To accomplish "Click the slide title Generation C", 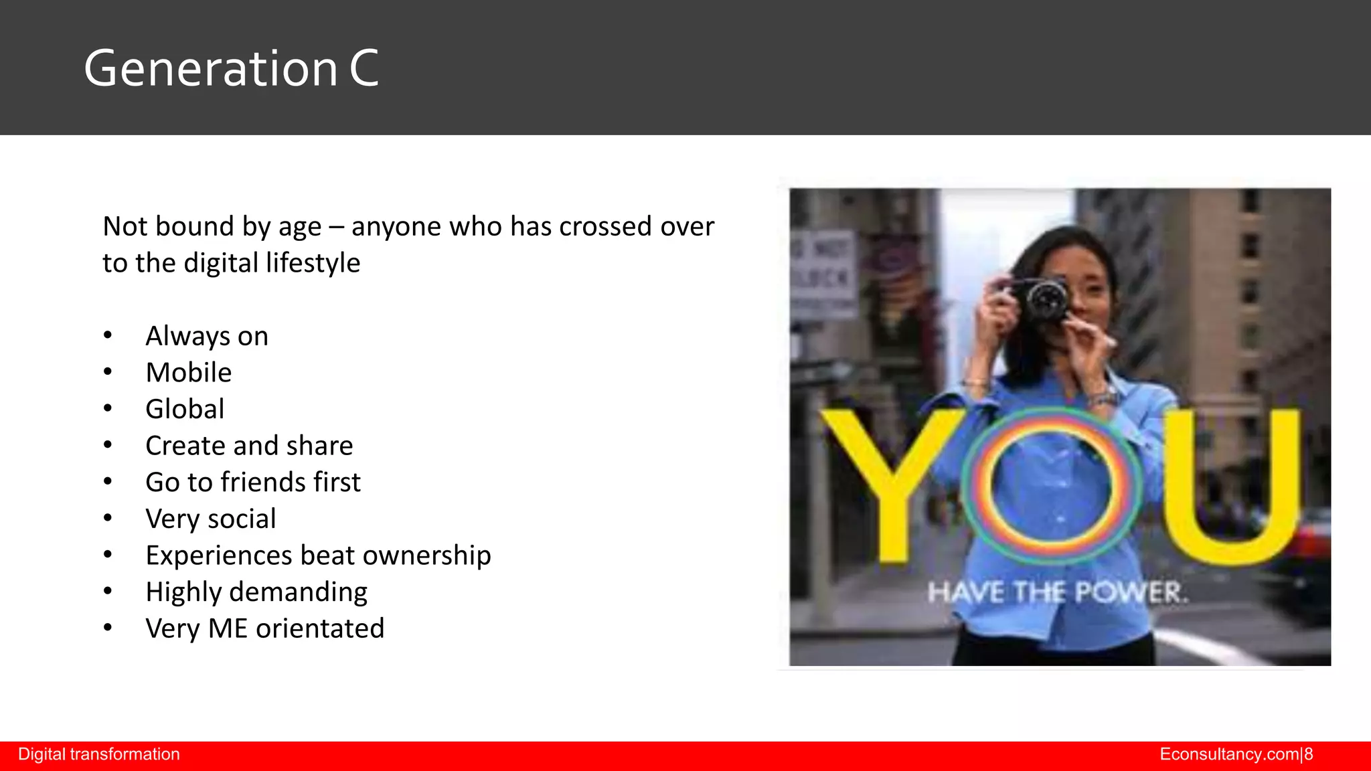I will coord(231,68).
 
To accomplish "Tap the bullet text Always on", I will coord(206,336).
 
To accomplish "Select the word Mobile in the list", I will coord(188,373).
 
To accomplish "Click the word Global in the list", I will coord(185,409).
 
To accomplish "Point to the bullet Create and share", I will coord(248,446).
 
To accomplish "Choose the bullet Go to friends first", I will coord(252,483).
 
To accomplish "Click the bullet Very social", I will coord(210,519).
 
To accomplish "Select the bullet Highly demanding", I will coord(256,592).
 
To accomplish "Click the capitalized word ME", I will coord(228,628).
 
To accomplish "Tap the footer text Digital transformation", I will coord(99,754).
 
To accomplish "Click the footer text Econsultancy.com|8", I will coord(1236,754).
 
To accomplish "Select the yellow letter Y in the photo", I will coord(890,482).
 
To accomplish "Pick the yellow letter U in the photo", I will coord(1232,485).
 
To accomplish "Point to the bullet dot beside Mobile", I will coord(108,372).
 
